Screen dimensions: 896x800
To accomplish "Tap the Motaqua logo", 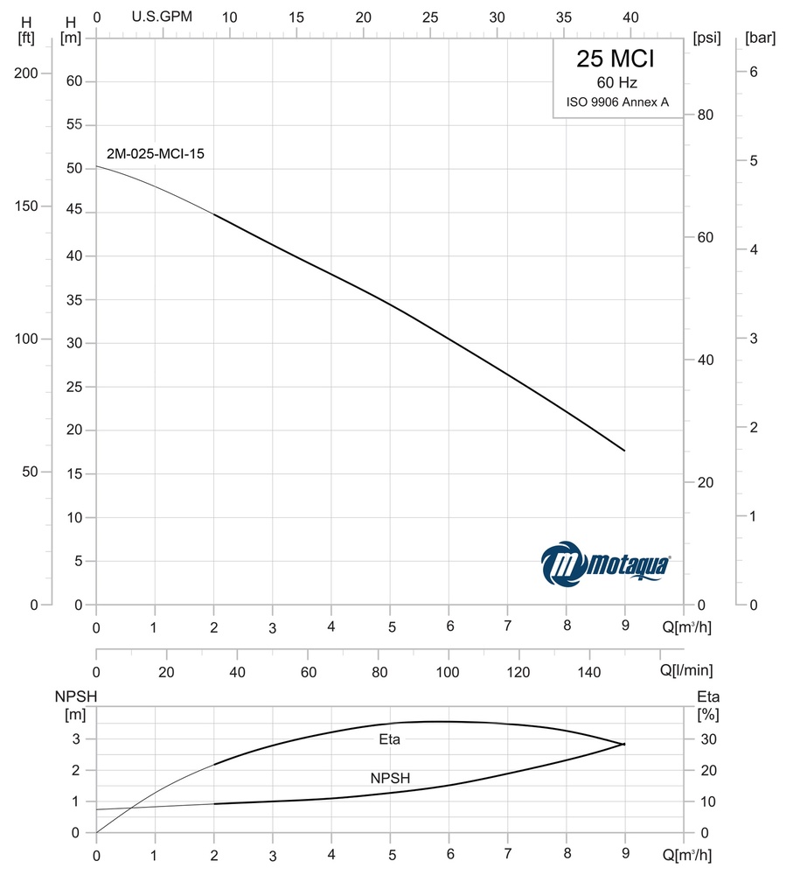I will (606, 563).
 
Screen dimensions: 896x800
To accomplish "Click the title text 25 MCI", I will (616, 59).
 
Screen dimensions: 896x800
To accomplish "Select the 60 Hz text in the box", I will (616, 83).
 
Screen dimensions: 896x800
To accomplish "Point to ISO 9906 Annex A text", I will (616, 102).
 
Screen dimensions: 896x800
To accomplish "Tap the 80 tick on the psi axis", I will (705, 115).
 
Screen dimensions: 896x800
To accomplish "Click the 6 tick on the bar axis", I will (753, 73).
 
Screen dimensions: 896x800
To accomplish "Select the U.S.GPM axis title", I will (162, 17).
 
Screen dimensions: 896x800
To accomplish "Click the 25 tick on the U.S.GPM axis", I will (430, 17).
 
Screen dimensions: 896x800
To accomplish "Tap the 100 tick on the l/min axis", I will (448, 672).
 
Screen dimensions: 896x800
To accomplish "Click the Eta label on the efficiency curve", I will (390, 739).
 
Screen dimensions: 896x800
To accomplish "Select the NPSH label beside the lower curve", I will (390, 777).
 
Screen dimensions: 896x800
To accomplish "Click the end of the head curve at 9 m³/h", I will (624, 451).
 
